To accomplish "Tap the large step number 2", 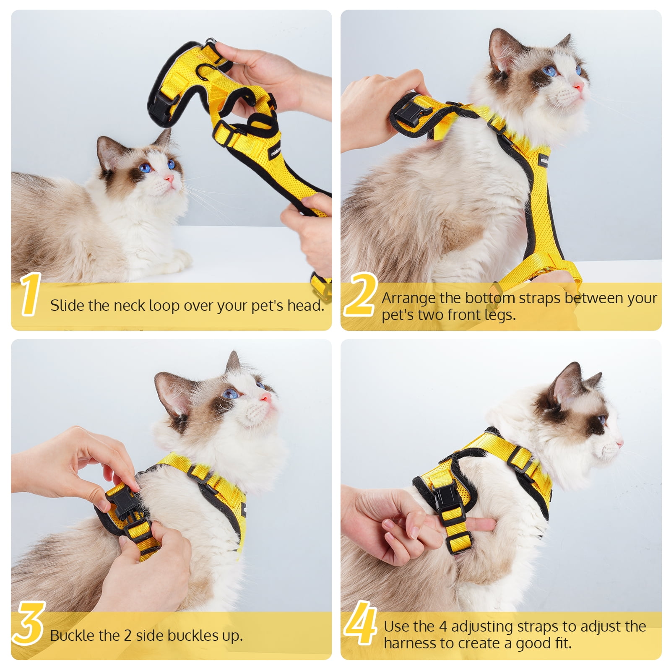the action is pos(360,294).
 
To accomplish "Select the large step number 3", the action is pos(29,623).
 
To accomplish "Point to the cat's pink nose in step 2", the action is pos(578,87).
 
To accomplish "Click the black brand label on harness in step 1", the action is pos(276,151).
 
